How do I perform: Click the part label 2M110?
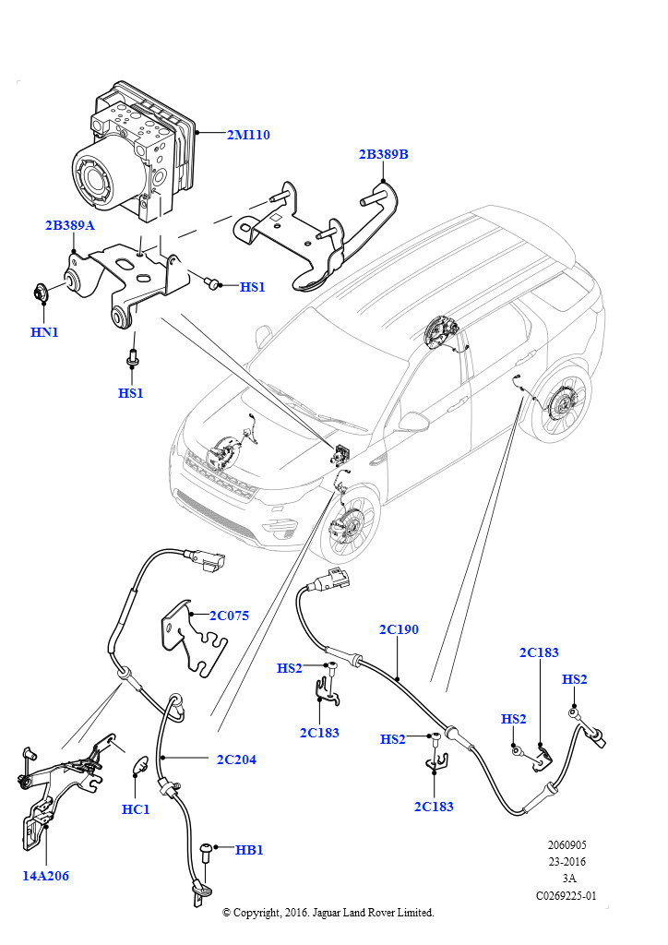[248, 135]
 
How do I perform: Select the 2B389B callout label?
[383, 155]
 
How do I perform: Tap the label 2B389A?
[71, 225]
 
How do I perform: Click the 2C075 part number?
[230, 616]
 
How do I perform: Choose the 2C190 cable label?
[399, 630]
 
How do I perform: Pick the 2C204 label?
[236, 760]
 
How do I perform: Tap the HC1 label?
[136, 809]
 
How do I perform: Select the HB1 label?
[249, 849]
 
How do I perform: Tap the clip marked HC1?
[141, 765]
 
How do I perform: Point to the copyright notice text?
[328, 912]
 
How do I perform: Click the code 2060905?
[566, 844]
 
